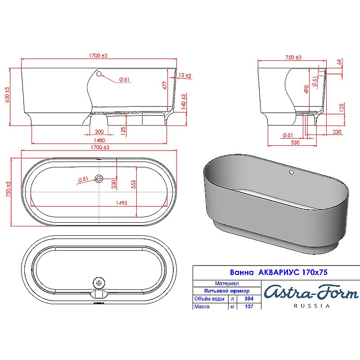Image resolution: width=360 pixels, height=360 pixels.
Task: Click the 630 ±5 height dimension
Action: tap(7, 95)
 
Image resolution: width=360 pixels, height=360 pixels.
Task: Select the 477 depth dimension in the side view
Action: tap(165, 85)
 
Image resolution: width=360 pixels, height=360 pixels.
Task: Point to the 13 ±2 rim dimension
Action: tap(185, 75)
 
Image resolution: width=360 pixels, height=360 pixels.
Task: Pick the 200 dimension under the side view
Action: tap(99, 131)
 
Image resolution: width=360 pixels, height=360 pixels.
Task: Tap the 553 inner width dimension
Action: tap(133, 184)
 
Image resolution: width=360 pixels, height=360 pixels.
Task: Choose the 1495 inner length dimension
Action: tap(121, 203)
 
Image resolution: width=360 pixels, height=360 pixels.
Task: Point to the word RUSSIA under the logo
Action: tap(311, 306)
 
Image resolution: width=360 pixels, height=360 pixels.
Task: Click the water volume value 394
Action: tap(248, 299)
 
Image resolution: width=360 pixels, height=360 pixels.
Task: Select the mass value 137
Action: tap(248, 306)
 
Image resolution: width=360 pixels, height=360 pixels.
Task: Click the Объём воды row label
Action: tap(208, 299)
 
